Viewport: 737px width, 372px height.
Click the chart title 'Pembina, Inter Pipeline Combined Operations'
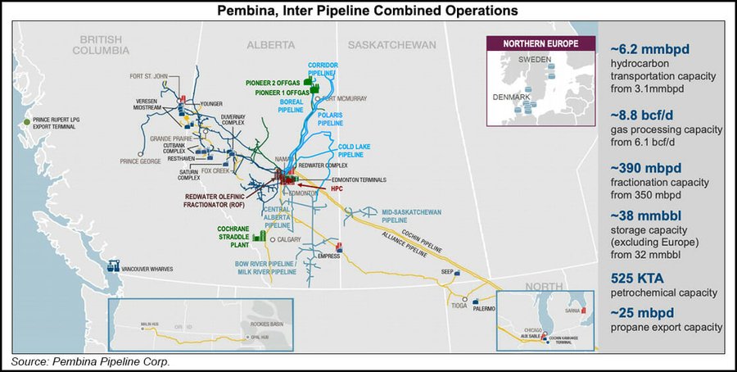[368, 11]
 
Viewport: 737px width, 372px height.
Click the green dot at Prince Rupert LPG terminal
[27, 121]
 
